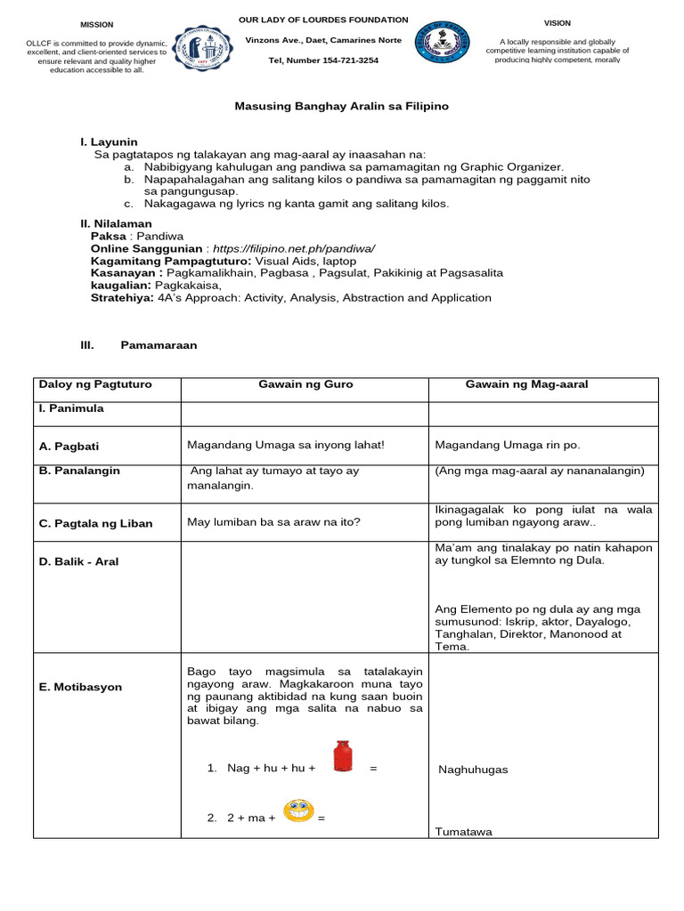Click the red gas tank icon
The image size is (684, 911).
click(341, 756)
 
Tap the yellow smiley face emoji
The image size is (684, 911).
click(298, 810)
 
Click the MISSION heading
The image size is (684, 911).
click(97, 25)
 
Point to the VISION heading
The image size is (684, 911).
click(558, 23)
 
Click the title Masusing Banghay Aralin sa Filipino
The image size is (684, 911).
click(341, 106)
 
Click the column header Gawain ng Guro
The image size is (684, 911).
click(305, 384)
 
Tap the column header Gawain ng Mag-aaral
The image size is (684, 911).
click(526, 384)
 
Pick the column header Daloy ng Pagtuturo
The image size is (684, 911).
click(95, 384)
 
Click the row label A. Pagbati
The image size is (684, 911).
click(68, 446)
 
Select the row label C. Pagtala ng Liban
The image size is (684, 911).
click(95, 523)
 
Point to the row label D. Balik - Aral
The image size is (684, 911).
click(78, 561)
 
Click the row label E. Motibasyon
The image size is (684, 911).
click(80, 687)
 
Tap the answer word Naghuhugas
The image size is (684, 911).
click(473, 770)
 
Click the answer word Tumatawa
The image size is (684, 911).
click(463, 832)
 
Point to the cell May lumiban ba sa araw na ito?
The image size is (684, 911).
click(273, 522)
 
